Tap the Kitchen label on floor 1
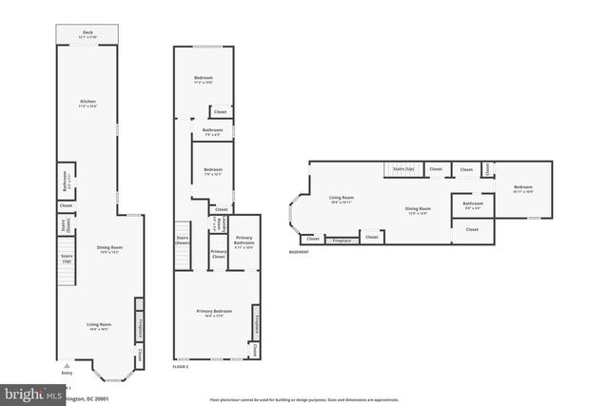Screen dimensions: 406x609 click(x=88, y=102)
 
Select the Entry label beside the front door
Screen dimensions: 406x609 click(x=67, y=373)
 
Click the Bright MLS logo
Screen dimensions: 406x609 click(x=29, y=392)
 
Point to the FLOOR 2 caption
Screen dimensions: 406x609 click(x=182, y=366)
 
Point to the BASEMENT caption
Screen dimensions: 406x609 click(x=299, y=252)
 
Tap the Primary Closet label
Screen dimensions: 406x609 click(x=218, y=254)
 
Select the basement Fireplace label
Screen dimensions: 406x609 click(x=342, y=241)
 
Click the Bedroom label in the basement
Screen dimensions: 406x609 click(x=523, y=187)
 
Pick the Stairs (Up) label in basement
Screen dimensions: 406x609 click(x=402, y=169)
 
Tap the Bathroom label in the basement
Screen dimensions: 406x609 click(x=473, y=203)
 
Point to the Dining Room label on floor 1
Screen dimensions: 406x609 click(x=110, y=249)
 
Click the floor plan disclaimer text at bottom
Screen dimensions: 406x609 click(x=304, y=400)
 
